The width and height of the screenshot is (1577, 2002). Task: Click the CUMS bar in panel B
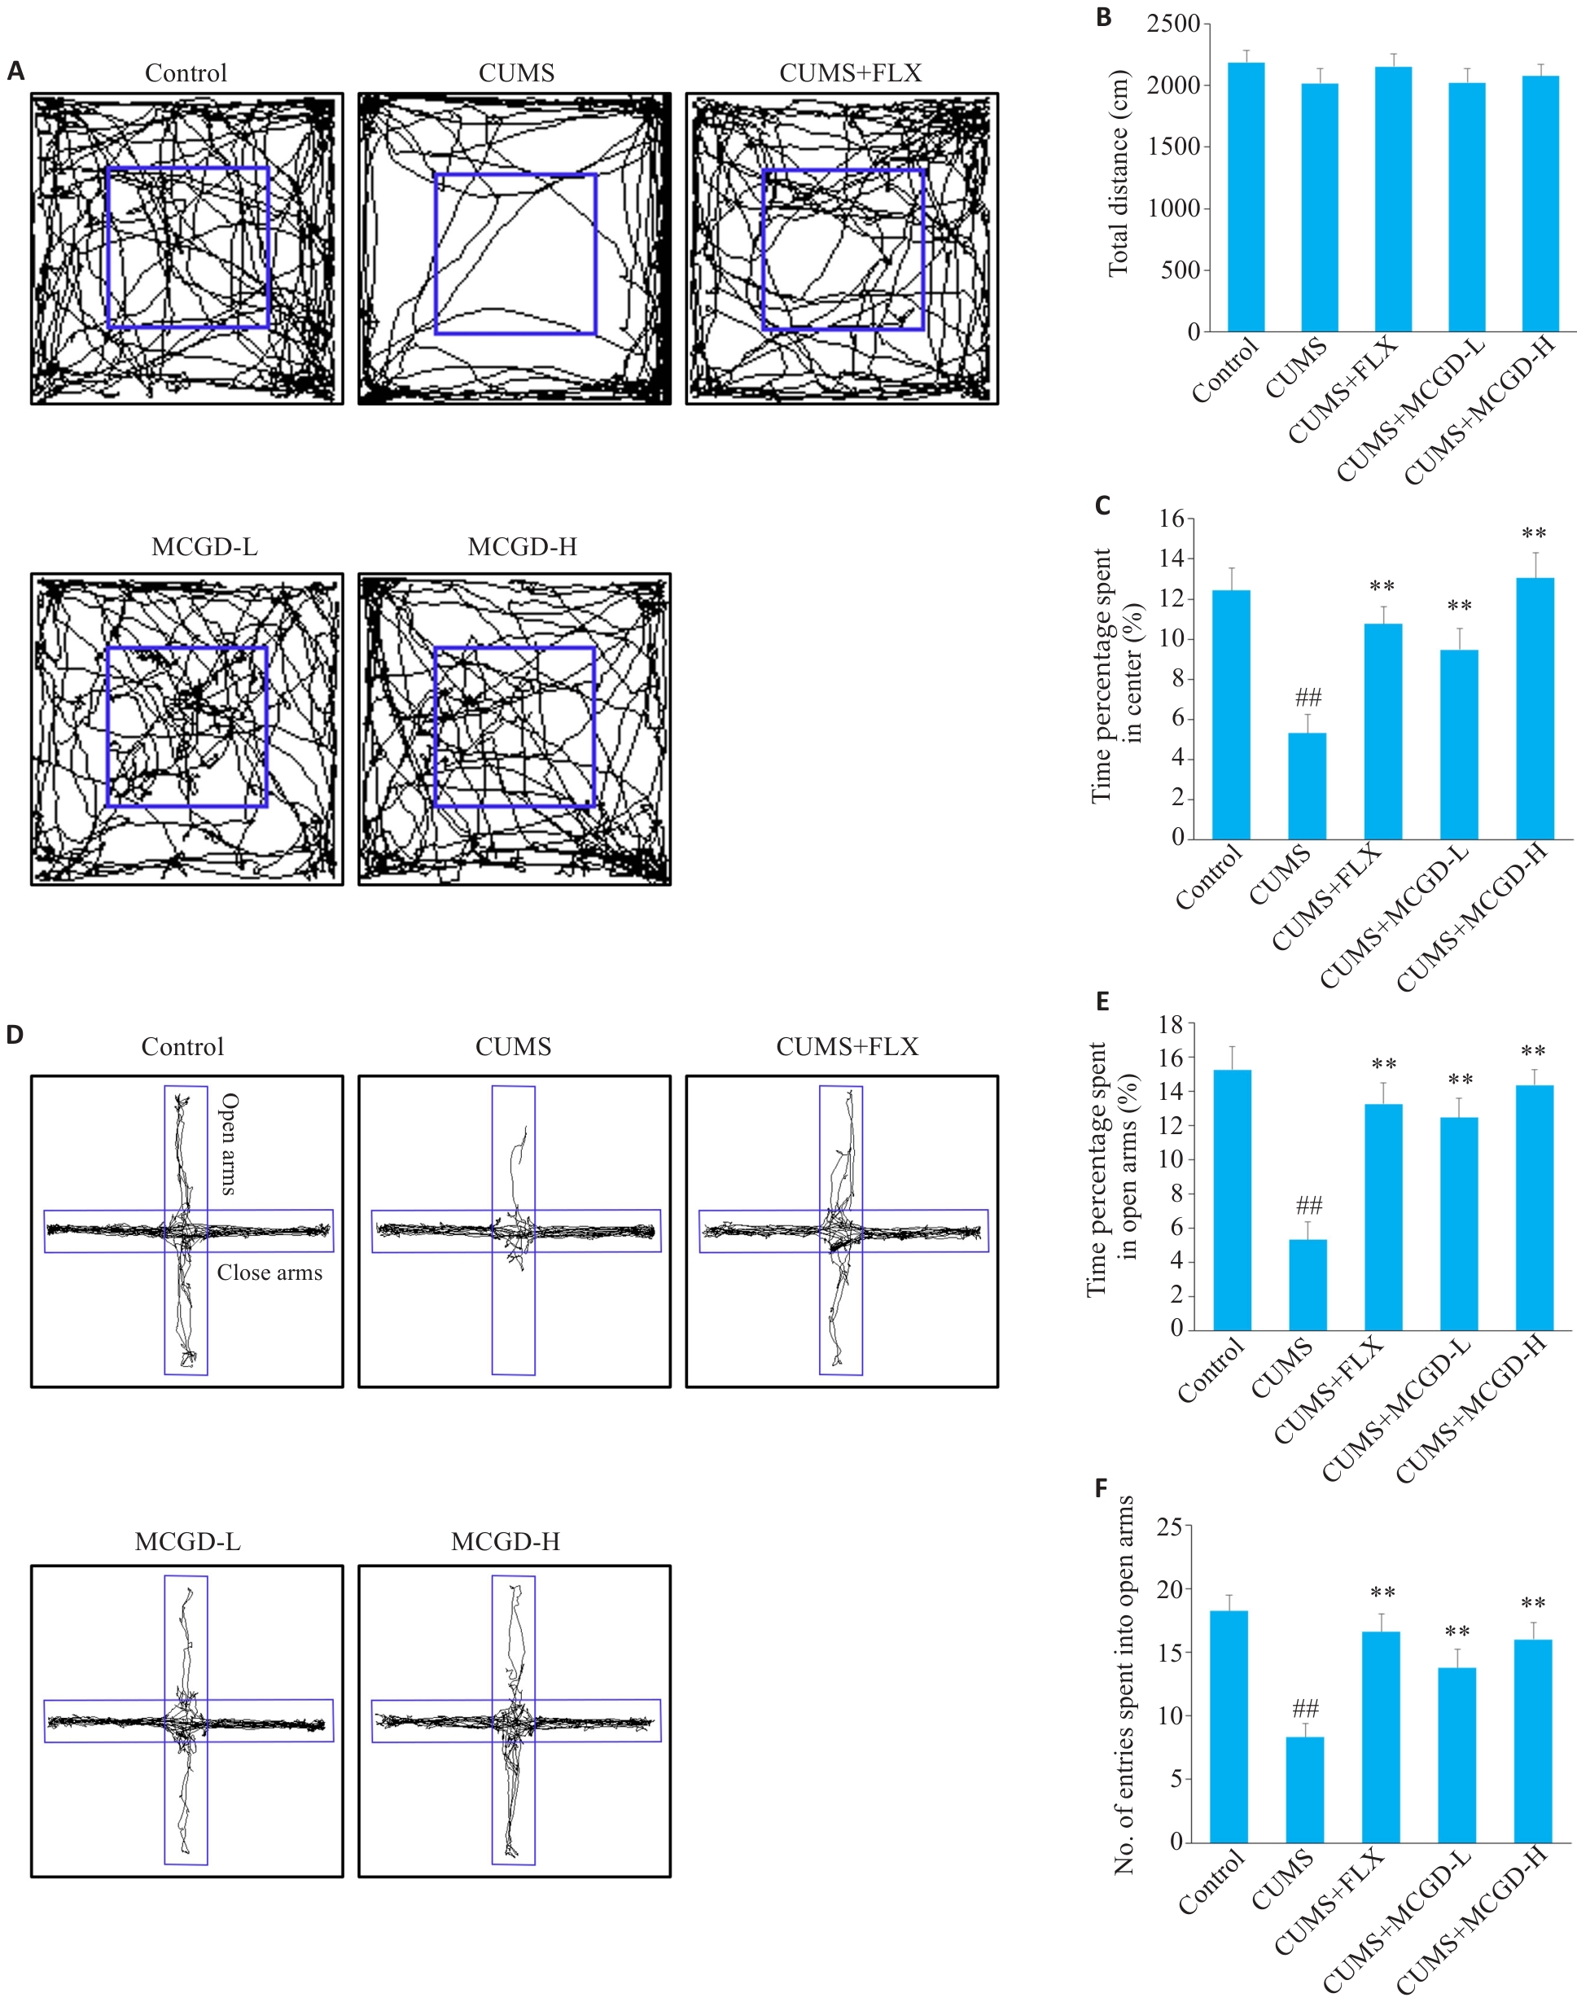tap(1320, 207)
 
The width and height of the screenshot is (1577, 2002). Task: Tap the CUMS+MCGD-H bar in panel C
tap(1535, 708)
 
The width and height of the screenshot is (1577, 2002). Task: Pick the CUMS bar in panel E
tap(1308, 1285)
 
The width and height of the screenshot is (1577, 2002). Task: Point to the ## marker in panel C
tap(1308, 697)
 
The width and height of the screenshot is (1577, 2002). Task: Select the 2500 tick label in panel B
tap(1172, 24)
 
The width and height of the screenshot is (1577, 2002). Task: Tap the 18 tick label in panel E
tap(1172, 1024)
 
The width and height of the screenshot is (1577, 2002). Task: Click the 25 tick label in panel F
tap(1169, 1527)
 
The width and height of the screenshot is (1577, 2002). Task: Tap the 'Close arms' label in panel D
tap(269, 1273)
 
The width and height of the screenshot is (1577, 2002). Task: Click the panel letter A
tap(15, 71)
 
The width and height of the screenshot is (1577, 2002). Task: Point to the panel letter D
tap(15, 1034)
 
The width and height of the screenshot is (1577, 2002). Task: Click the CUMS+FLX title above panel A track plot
tap(850, 73)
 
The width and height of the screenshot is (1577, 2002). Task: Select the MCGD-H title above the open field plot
tap(522, 546)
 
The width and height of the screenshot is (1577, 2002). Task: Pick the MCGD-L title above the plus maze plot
tap(187, 1541)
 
